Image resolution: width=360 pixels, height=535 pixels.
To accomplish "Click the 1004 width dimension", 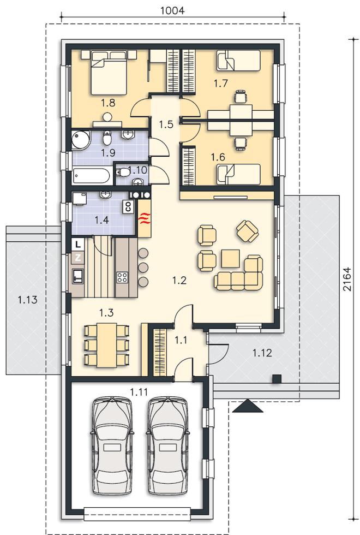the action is pyautogui.click(x=172, y=10).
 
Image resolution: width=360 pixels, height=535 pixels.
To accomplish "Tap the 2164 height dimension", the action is pyautogui.click(x=347, y=279).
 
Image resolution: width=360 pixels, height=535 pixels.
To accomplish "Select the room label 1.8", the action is pyautogui.click(x=108, y=103).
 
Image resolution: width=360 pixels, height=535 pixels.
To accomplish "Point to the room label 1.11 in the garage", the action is pyautogui.click(x=139, y=392).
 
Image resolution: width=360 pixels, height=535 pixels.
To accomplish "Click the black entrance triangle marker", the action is pyautogui.click(x=248, y=406).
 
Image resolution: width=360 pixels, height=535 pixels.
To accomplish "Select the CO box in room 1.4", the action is pyautogui.click(x=128, y=206).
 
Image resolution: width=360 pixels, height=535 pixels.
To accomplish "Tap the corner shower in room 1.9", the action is pyautogui.click(x=81, y=140).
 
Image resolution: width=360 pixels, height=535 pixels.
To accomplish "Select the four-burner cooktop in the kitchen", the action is pyautogui.click(x=122, y=277).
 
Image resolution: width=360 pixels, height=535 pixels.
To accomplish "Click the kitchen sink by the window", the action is pyautogui.click(x=77, y=276).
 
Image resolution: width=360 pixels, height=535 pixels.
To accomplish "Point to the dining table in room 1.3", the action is pyautogui.click(x=107, y=345).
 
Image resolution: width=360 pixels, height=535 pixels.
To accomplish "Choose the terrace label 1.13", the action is pyautogui.click(x=28, y=300).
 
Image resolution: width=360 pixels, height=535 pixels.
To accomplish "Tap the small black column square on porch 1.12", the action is pyautogui.click(x=277, y=378).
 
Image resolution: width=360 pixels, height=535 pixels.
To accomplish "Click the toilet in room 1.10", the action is pyautogui.click(x=123, y=173).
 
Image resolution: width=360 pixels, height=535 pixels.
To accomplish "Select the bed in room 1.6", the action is pyautogui.click(x=238, y=174).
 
